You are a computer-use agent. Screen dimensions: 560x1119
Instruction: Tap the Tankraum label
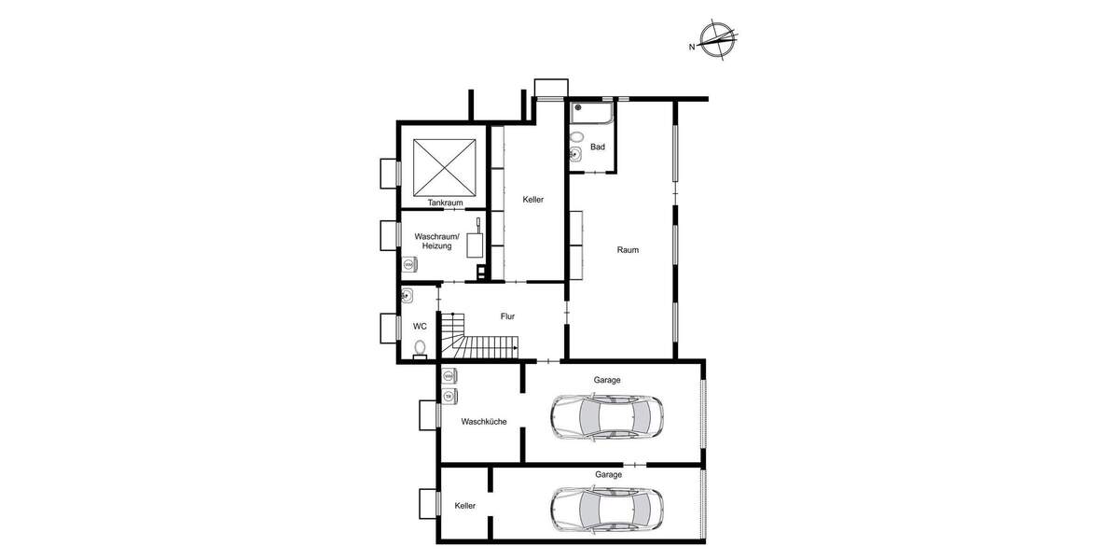[x=445, y=203]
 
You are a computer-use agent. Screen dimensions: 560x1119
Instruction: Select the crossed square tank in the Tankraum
[x=445, y=165]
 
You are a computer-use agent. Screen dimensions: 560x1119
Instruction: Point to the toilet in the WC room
[x=420, y=349]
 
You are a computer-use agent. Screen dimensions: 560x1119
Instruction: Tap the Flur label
[x=507, y=316]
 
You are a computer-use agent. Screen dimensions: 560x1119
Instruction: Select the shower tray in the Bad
[x=592, y=114]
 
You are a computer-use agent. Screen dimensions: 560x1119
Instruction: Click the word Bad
[x=598, y=147]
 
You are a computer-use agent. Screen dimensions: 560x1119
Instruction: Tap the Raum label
[x=628, y=249]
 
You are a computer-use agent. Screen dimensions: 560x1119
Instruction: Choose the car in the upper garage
[x=606, y=416]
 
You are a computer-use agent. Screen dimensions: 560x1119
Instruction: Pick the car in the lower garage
[x=606, y=509]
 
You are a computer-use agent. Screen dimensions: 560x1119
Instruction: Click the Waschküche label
[x=484, y=422]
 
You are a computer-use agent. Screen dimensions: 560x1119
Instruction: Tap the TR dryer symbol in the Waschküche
[x=449, y=397]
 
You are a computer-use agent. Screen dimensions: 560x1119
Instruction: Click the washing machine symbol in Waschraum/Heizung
[x=408, y=265]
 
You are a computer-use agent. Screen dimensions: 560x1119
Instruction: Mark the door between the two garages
[x=634, y=464]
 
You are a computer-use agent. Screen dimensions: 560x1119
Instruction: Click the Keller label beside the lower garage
[x=465, y=505]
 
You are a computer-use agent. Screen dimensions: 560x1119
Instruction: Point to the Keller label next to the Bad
[x=532, y=199]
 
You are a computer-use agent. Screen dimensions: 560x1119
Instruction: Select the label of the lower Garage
[x=608, y=475]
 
